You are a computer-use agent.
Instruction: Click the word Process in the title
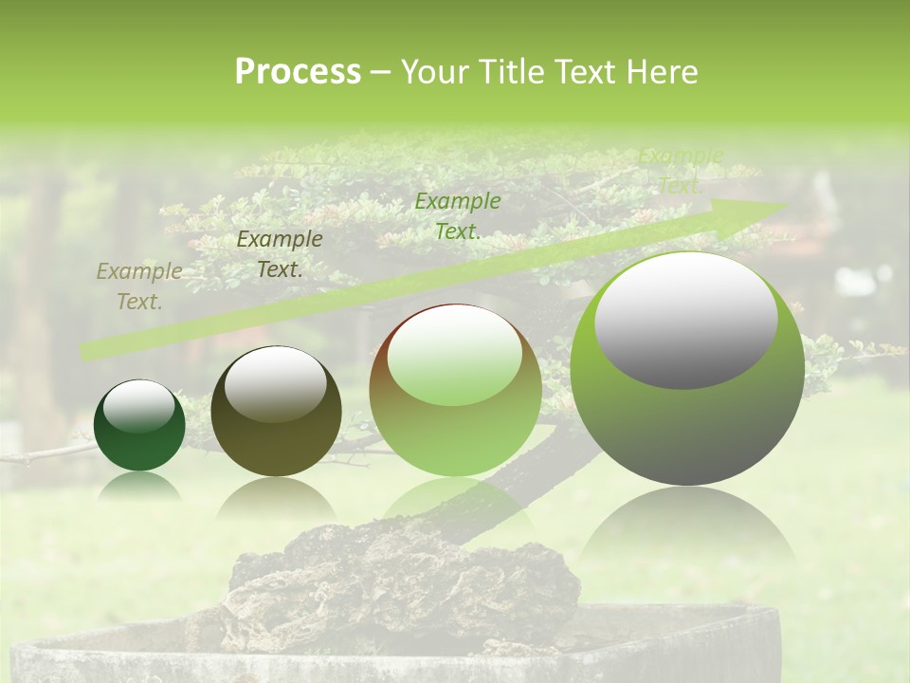pos(298,72)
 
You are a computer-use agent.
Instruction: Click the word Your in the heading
pos(437,72)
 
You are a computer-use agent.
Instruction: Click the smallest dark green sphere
pos(139,425)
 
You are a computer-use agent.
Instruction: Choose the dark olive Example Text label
pos(279,254)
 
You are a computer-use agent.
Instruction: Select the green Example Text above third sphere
pos(458,216)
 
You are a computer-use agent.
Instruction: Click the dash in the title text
pos(380,72)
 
